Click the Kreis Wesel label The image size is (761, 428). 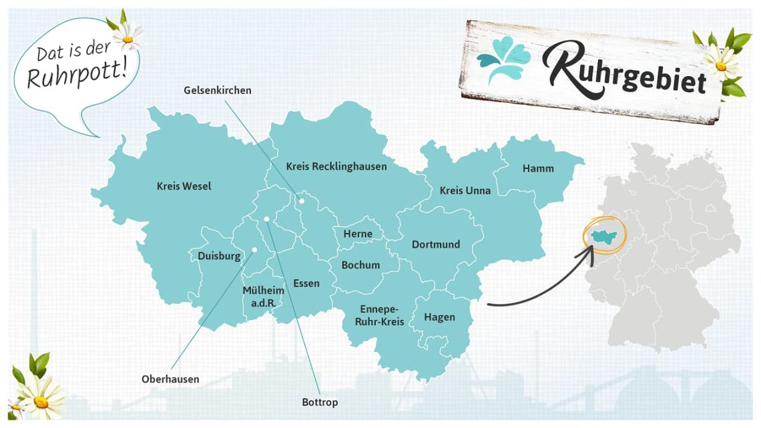coord(184,186)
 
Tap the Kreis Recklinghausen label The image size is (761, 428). coord(336,166)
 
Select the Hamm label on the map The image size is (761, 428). coord(538,168)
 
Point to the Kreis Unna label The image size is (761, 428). coord(465,191)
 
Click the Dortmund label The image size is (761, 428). coord(435,244)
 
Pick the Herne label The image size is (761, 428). coord(358,234)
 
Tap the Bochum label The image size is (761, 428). coord(360,265)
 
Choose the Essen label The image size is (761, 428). coord(306,283)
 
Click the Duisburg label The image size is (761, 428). coord(219,256)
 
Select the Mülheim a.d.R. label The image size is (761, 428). coord(263,296)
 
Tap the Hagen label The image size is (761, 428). coord(439,317)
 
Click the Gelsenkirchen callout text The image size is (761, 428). coord(218,90)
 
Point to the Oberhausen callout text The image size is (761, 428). coord(170,379)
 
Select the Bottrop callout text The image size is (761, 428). coord(320,402)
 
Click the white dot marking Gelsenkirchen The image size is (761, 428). coord(301,200)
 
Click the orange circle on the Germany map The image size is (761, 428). coord(605,235)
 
